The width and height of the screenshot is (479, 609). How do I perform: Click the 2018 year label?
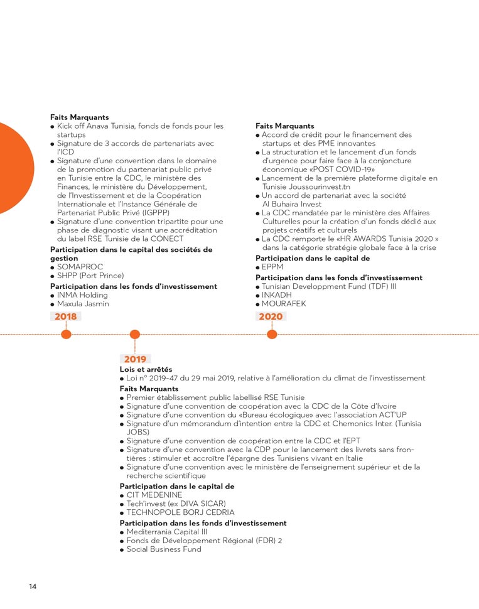click(x=65, y=316)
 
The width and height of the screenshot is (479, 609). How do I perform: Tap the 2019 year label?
click(x=135, y=359)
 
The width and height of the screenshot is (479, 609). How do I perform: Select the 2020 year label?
click(x=271, y=316)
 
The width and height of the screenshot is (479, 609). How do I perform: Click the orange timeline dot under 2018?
click(x=66, y=335)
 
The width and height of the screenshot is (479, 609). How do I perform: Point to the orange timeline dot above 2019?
click(x=134, y=335)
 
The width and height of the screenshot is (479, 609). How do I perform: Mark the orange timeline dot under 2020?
click(x=272, y=335)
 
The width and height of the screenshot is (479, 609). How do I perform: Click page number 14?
click(x=33, y=586)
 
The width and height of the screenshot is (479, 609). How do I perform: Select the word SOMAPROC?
click(x=79, y=267)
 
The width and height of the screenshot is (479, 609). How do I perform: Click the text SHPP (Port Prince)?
click(x=90, y=276)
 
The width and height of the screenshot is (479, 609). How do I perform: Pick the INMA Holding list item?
click(x=82, y=295)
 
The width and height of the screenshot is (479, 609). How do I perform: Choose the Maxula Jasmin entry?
click(x=83, y=304)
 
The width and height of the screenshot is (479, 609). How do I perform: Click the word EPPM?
click(x=273, y=267)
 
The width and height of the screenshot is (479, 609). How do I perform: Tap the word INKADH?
click(x=277, y=295)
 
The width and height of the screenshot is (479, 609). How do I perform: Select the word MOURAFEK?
click(x=284, y=304)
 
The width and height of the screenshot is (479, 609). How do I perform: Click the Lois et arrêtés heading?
click(x=146, y=369)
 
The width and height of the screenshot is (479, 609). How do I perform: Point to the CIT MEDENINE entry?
click(x=154, y=495)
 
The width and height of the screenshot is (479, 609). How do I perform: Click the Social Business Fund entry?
click(x=164, y=549)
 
